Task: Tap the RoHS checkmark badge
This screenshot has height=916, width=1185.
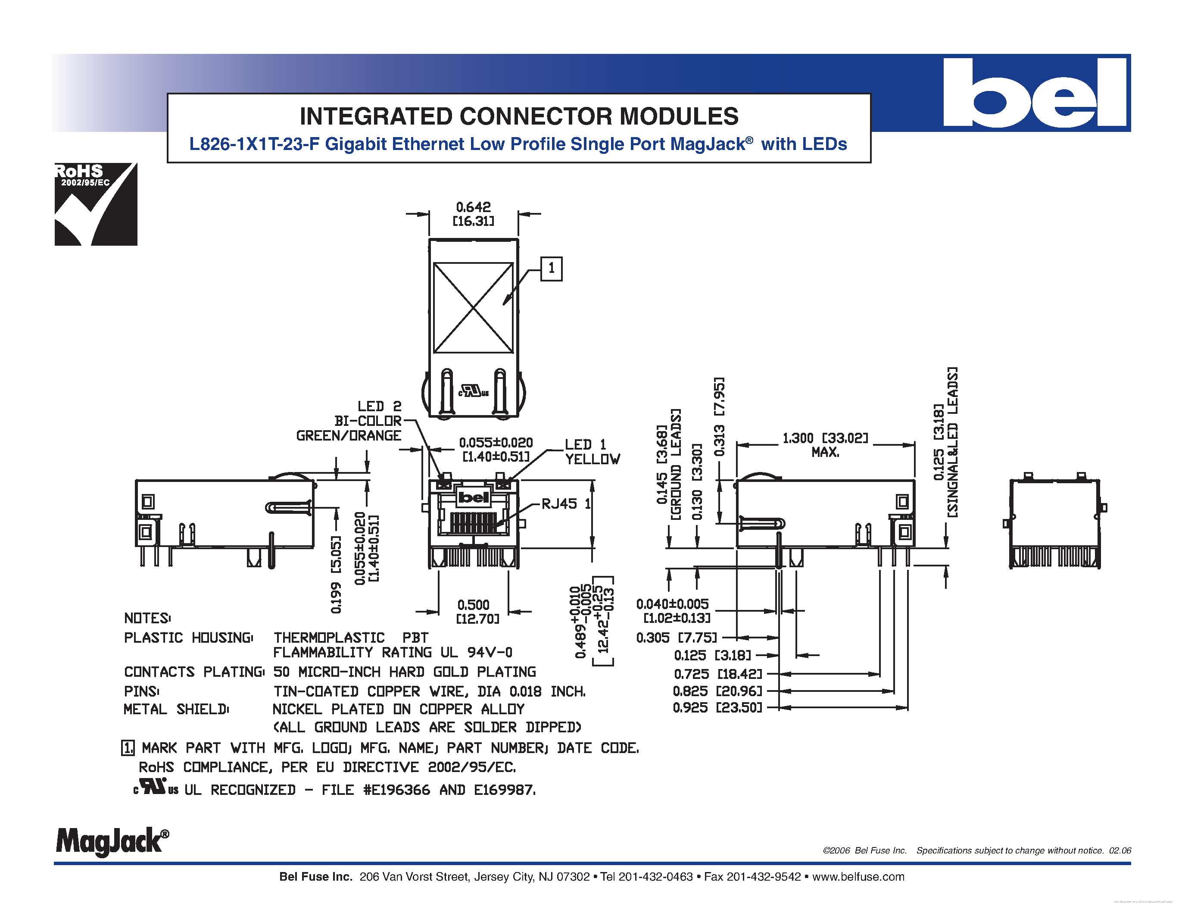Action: coord(96,204)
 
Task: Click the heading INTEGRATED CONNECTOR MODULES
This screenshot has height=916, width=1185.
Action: coord(519,116)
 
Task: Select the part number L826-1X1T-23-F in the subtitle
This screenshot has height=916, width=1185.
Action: coord(254,144)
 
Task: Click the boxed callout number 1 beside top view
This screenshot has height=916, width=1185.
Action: coord(551,269)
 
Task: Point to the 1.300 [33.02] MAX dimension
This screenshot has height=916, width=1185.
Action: coord(825,444)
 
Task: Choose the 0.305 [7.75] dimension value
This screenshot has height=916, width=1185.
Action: coord(676,638)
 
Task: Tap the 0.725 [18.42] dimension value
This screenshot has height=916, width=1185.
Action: coord(717,674)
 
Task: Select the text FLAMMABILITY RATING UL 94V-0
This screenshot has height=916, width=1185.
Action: coord(392,652)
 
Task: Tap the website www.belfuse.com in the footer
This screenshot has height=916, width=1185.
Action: coord(858,877)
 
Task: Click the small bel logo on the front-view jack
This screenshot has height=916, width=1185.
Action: coord(474,497)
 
